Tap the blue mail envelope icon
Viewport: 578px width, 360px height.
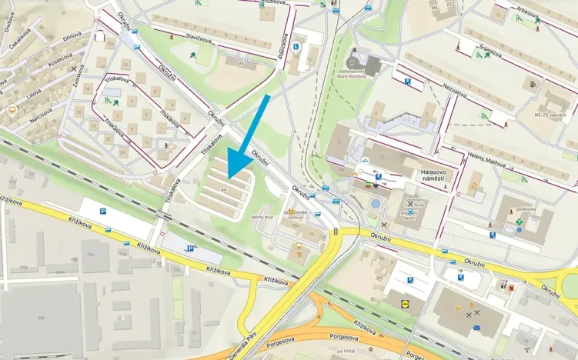pyautogui.click(x=476, y=328)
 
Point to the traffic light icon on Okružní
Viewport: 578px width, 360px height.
pyautogui.click(x=337, y=231)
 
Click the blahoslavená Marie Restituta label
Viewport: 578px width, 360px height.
pyautogui.click(x=356, y=74)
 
